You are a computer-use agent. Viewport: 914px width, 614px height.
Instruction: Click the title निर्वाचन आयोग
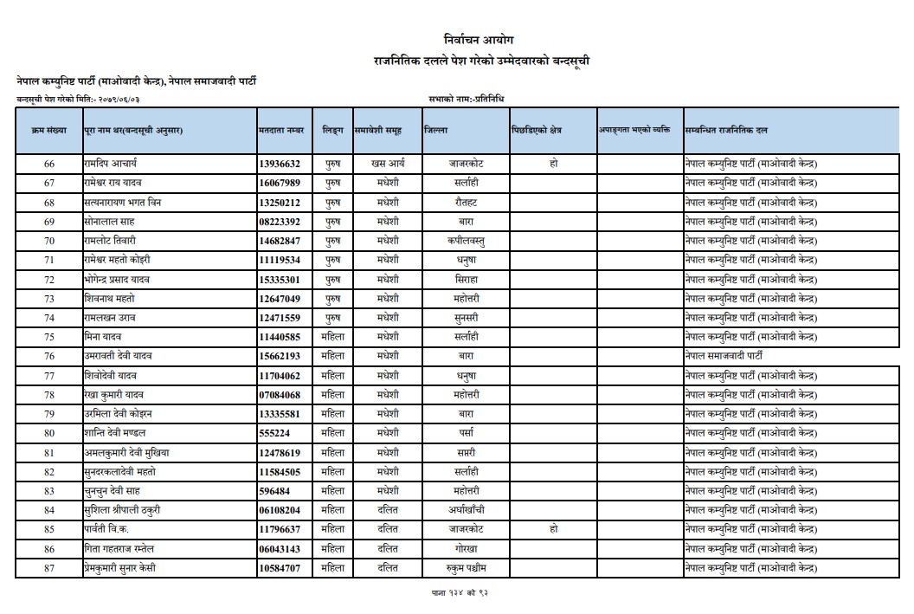pyautogui.click(x=478, y=40)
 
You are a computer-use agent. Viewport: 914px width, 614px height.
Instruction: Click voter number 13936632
pyautogui.click(x=280, y=164)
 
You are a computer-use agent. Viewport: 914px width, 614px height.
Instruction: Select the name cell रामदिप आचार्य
pyautogui.click(x=111, y=164)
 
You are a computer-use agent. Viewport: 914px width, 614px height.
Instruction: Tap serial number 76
pyautogui.click(x=49, y=356)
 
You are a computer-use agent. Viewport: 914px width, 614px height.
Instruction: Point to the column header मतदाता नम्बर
pyautogui.click(x=281, y=130)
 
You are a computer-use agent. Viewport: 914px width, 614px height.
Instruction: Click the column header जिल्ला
pyautogui.click(x=436, y=130)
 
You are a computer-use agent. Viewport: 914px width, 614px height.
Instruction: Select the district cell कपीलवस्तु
pyautogui.click(x=466, y=241)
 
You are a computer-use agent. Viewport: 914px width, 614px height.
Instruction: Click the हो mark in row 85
pyautogui.click(x=553, y=529)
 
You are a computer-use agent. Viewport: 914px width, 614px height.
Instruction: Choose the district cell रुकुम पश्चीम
pyautogui.click(x=466, y=568)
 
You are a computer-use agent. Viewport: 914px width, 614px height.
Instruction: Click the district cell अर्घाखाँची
pyautogui.click(x=466, y=510)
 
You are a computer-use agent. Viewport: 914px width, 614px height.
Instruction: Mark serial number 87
pyautogui.click(x=49, y=568)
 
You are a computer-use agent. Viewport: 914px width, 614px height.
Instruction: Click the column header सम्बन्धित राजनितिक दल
pyautogui.click(x=725, y=130)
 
